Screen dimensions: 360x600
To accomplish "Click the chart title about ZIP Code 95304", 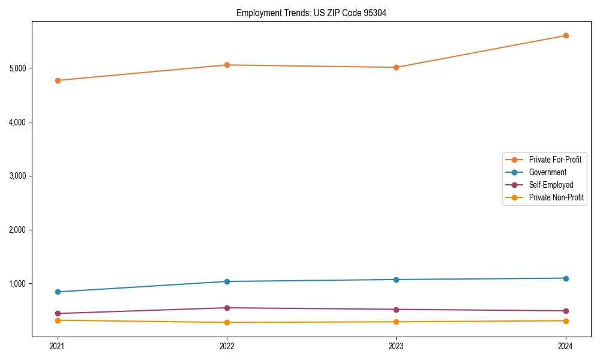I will pos(311,13).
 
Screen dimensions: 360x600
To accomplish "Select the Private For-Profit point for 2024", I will pos(566,35).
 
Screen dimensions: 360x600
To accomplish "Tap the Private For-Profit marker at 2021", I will pos(58,80).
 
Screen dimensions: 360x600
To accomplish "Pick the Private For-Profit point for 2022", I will pos(227,65).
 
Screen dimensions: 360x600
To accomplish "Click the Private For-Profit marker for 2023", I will pos(396,67).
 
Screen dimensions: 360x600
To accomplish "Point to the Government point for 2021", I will pos(58,292).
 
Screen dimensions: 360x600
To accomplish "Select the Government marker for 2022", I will pos(227,281).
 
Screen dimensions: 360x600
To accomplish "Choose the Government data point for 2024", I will pos(566,278).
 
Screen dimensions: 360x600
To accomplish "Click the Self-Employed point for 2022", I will pos(227,308).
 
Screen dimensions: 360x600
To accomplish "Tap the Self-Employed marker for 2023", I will pos(396,310).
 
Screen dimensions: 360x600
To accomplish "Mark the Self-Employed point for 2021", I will pos(58,313).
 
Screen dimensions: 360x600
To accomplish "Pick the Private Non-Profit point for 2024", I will pos(566,320).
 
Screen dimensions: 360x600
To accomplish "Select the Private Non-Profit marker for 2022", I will pos(227,322).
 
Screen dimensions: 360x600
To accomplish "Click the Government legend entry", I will pos(547,172).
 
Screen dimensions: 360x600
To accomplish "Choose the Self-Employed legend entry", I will pos(551,185).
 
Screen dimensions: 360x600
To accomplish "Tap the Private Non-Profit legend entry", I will pos(556,197).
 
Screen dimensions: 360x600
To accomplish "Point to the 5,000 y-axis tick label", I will pos(20,68).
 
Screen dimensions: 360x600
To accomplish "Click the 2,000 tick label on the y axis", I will pos(20,230).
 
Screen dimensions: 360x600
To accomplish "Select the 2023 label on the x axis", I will pos(396,346).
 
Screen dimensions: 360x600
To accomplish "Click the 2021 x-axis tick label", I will pos(58,346).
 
